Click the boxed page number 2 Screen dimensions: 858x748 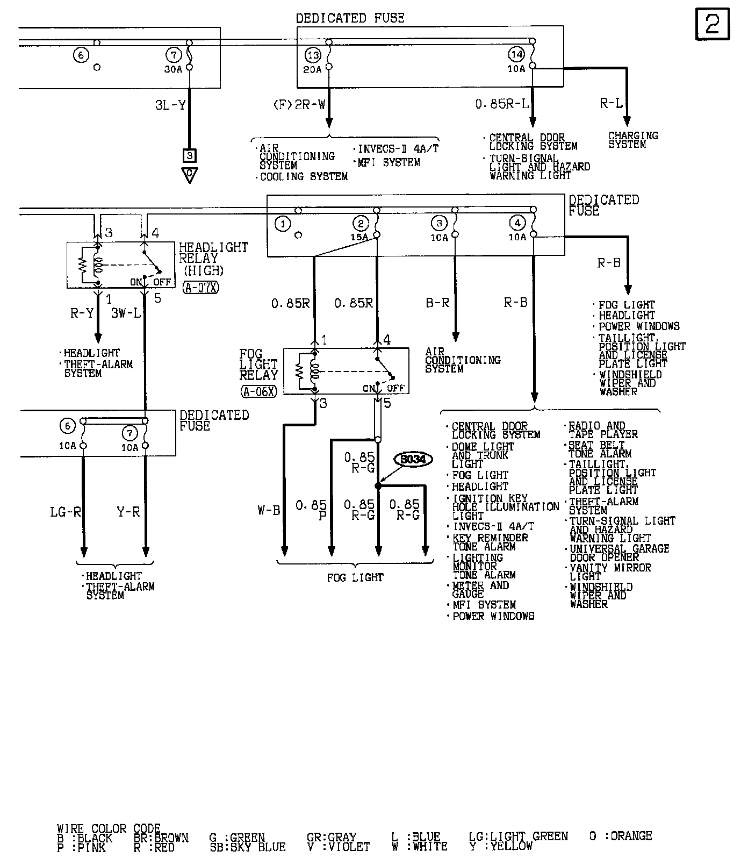pyautogui.click(x=713, y=25)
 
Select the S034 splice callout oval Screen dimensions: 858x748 pyautogui.click(x=413, y=460)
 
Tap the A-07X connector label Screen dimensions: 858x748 pyautogui.click(x=201, y=288)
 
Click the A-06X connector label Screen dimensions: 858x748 pyautogui.click(x=258, y=391)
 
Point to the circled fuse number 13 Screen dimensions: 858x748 pyautogui.click(x=313, y=55)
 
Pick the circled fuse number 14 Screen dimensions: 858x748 pyautogui.click(x=516, y=54)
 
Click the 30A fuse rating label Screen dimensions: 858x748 pyautogui.click(x=173, y=69)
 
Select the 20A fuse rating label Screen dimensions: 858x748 pyautogui.click(x=312, y=69)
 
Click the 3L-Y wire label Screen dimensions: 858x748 pyautogui.click(x=170, y=105)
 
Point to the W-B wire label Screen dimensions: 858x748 pyautogui.click(x=269, y=510)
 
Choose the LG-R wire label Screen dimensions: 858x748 pyautogui.click(x=66, y=512)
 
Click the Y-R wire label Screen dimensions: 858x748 pyautogui.click(x=128, y=512)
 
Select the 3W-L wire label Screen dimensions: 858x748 pyautogui.click(x=126, y=312)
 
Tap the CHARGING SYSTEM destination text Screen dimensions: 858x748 pyautogui.click(x=633, y=140)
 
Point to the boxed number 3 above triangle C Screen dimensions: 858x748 pyautogui.click(x=189, y=156)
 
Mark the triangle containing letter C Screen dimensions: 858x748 pyautogui.click(x=189, y=174)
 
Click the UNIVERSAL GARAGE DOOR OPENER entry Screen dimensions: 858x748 pyautogui.click(x=620, y=553)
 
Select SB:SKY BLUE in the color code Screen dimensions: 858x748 pyautogui.click(x=248, y=847)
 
